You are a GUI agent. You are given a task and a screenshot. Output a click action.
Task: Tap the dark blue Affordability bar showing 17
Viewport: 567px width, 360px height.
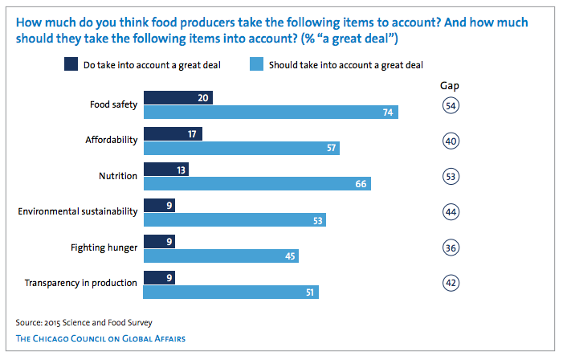(173, 133)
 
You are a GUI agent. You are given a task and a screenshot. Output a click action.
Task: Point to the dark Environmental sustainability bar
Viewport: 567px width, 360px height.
(159, 206)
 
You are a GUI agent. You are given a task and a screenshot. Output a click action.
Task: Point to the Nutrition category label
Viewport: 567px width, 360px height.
(118, 176)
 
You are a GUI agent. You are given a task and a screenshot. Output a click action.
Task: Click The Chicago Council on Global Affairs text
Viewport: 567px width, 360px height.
(100, 338)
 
